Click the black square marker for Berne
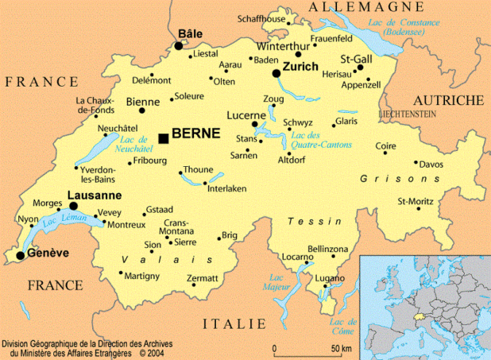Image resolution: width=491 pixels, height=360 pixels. tap(164, 138)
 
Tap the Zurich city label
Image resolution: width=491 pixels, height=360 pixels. tap(300, 67)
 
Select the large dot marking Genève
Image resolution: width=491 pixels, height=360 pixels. tap(21, 256)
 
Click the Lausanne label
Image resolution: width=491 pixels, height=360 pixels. tap(95, 195)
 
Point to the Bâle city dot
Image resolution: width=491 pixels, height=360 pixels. tap(179, 46)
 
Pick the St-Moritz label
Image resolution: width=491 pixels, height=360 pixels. tap(414, 201)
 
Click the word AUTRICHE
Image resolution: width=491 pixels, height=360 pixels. tap(448, 100)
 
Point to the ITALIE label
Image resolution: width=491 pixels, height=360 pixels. tap(234, 323)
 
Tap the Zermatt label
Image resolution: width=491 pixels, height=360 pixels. tap(202, 278)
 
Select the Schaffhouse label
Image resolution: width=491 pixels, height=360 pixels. tap(262, 18)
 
